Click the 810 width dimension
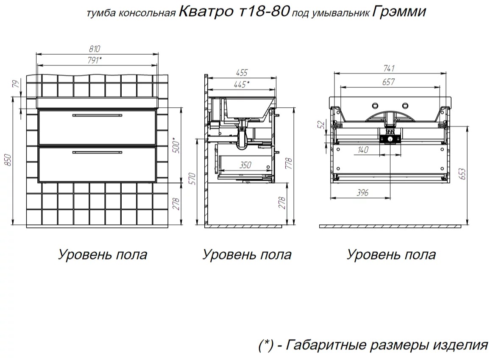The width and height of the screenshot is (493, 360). [x=95, y=49]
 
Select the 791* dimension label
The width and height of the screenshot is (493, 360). [x=95, y=60]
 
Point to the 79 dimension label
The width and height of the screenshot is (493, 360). [x=16, y=84]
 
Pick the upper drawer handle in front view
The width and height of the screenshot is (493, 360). [x=97, y=115]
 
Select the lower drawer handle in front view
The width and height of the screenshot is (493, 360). [x=97, y=153]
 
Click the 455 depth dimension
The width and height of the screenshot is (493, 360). [x=242, y=73]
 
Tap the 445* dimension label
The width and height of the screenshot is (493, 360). [x=242, y=84]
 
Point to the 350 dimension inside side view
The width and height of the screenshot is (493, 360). [x=245, y=165]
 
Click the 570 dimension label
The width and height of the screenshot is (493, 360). [x=192, y=179]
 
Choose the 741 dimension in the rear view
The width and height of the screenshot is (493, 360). [x=389, y=68]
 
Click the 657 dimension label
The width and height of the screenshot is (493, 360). [x=388, y=82]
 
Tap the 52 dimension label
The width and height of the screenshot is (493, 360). [x=321, y=125]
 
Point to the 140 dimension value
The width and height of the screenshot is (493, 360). [x=363, y=150]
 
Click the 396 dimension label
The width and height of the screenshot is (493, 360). [x=362, y=193]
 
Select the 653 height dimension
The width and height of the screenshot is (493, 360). [x=462, y=174]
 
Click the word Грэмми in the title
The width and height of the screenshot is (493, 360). [x=399, y=12]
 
